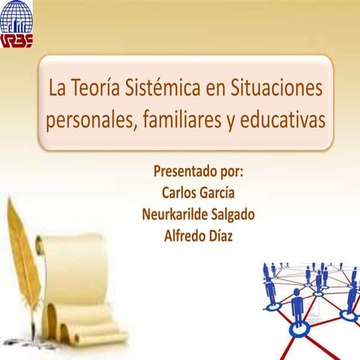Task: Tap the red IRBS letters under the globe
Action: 16,39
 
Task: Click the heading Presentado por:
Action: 198,170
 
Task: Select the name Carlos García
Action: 198,192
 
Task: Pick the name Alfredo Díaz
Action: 198,235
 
